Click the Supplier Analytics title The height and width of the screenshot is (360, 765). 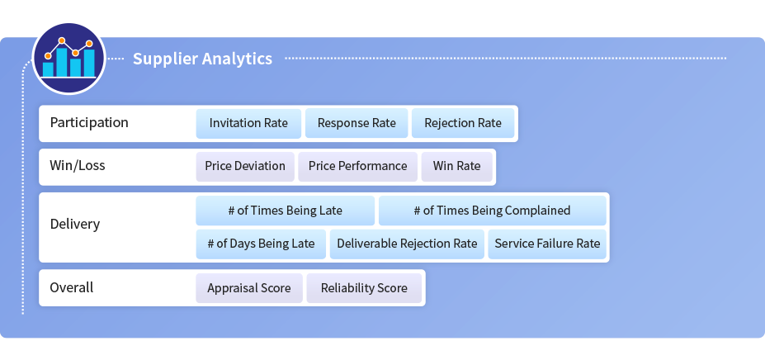[202, 59]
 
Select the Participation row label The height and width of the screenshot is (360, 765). [89, 122]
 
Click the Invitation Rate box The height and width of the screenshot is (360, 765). [248, 123]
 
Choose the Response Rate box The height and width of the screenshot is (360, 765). [357, 123]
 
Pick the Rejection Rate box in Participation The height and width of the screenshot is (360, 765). [463, 123]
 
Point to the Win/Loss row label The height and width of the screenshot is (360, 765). [77, 166]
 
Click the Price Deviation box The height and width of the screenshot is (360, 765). [245, 167]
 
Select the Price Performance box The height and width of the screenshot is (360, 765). [357, 167]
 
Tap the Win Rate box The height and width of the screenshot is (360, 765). [456, 167]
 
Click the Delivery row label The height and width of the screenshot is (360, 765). [74, 225]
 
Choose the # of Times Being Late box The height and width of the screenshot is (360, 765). [286, 211]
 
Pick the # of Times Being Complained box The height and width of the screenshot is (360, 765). [493, 211]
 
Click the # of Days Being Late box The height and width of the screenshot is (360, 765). [261, 244]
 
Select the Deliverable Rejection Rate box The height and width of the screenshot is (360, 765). [407, 244]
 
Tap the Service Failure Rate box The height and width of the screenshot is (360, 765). [547, 244]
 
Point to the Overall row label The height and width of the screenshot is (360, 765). [71, 287]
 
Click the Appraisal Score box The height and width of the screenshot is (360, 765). [249, 288]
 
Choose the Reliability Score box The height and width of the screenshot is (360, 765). [364, 288]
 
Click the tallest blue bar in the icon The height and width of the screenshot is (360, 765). [61, 62]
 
